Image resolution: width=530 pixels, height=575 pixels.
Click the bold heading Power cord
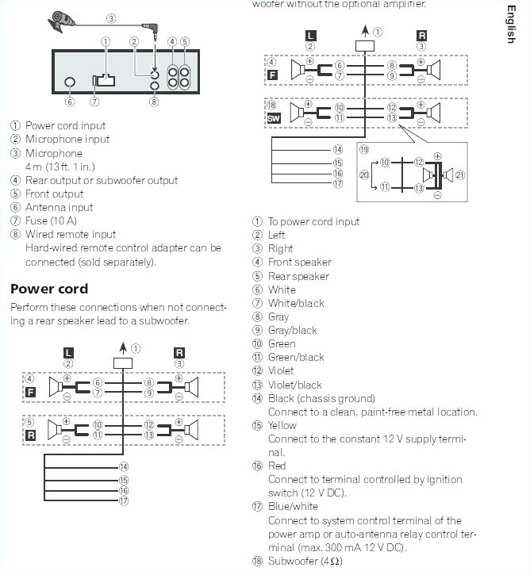pyautogui.click(x=48, y=289)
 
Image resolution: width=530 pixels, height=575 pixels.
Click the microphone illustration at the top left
pyautogui.click(x=63, y=21)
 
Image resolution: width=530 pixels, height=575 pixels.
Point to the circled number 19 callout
pyautogui.click(x=363, y=149)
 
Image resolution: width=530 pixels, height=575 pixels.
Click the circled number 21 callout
pyautogui.click(x=460, y=174)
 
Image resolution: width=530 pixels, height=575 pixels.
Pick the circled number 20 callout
pyautogui.click(x=365, y=174)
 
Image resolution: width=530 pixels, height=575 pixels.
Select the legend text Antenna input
pyautogui.click(x=59, y=207)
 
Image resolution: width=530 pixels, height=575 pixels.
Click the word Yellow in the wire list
pyautogui.click(x=282, y=425)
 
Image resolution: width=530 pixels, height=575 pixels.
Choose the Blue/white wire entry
pyautogui.click(x=293, y=507)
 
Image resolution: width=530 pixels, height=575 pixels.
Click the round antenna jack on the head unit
pyautogui.click(x=70, y=82)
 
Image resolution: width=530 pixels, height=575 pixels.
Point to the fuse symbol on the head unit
pyautogui.click(x=103, y=80)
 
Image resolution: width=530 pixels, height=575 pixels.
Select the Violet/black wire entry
pyautogui.click(x=294, y=385)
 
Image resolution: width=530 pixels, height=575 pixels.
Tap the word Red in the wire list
pyautogui.click(x=277, y=466)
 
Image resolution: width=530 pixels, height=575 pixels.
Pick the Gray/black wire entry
pyautogui.click(x=292, y=330)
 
